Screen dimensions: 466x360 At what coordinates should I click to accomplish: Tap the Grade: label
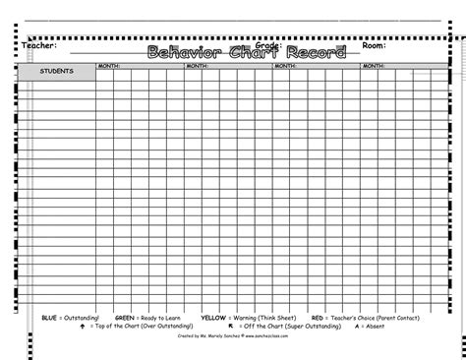click(268, 44)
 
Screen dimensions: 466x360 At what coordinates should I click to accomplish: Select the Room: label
click(375, 45)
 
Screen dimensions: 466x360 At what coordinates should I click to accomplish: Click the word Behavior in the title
click(183, 52)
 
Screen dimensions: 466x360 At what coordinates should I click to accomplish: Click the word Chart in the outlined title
click(254, 52)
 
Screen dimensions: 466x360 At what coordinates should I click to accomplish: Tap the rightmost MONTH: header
click(374, 66)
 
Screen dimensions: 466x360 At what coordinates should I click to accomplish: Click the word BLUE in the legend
click(50, 319)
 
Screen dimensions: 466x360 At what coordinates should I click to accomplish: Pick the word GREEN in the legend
click(125, 319)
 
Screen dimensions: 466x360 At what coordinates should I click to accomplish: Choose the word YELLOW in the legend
click(213, 319)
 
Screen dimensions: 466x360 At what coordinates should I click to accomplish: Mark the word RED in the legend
click(318, 319)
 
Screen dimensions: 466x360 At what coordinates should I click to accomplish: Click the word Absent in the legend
click(375, 327)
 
